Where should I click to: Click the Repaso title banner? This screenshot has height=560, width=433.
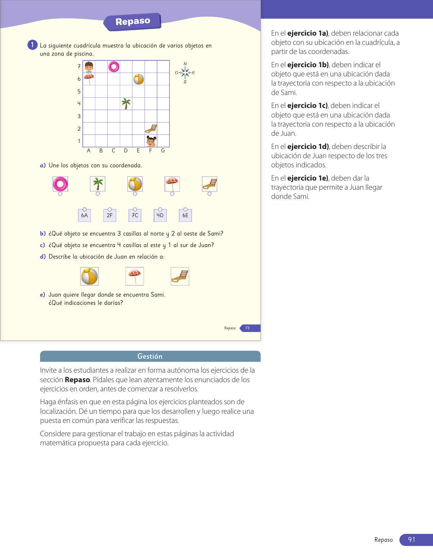pyautogui.click(x=132, y=22)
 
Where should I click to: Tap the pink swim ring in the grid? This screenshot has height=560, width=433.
pyautogui.click(x=114, y=67)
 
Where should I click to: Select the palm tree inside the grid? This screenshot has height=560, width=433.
pyautogui.click(x=126, y=104)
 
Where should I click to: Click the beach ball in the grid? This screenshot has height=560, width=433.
pyautogui.click(x=139, y=79)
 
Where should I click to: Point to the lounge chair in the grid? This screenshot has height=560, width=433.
pyautogui.click(x=151, y=129)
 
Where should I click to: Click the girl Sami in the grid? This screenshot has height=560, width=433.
pyautogui.click(x=151, y=141)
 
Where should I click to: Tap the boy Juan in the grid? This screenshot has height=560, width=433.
pyautogui.click(x=89, y=67)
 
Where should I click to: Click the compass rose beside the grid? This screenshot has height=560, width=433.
pyautogui.click(x=185, y=73)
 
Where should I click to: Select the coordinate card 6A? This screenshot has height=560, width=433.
pyautogui.click(x=85, y=215)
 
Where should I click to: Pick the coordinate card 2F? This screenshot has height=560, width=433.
pyautogui.click(x=110, y=215)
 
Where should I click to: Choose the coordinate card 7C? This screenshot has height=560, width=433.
pyautogui.click(x=135, y=215)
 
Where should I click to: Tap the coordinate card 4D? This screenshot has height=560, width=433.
pyautogui.click(x=160, y=215)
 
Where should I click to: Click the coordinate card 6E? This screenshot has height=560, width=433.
pyautogui.click(x=185, y=215)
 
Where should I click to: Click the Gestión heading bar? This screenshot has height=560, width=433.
pyautogui.click(x=150, y=356)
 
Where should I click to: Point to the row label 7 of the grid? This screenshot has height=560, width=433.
pyautogui.click(x=79, y=67)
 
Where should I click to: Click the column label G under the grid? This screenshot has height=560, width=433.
pyautogui.click(x=163, y=151)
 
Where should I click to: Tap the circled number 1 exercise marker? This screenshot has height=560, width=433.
pyautogui.click(x=32, y=45)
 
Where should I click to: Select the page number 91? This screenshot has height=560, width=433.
pyautogui.click(x=412, y=540)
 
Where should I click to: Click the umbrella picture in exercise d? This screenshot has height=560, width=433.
pyautogui.click(x=135, y=276)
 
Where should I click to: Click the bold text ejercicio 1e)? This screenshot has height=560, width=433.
pyautogui.click(x=308, y=178)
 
